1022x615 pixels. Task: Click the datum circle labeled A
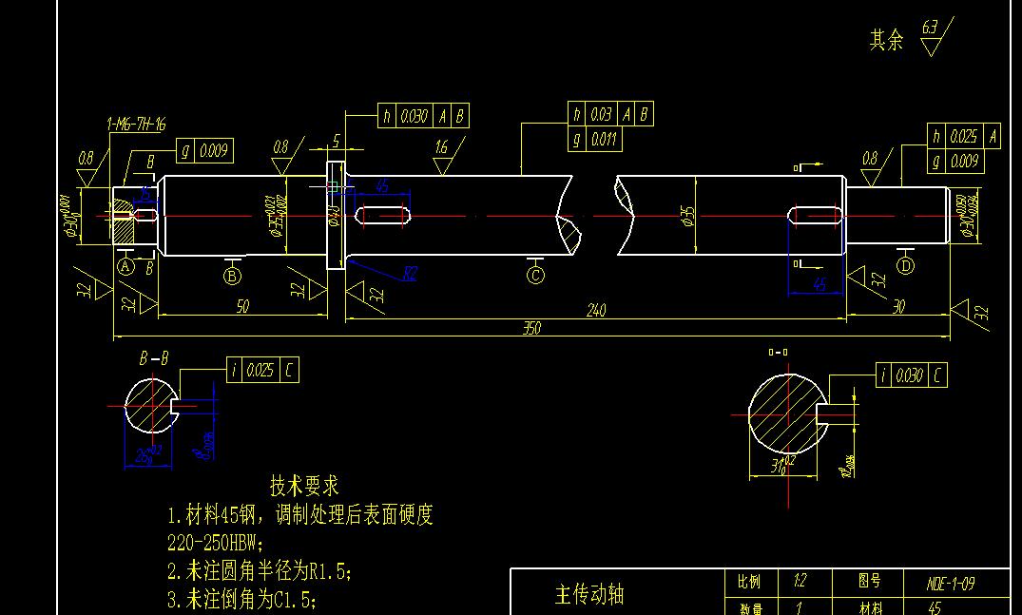(125, 267)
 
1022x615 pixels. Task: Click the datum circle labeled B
(232, 277)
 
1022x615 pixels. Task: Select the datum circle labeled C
(536, 276)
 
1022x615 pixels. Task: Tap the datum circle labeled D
(905, 266)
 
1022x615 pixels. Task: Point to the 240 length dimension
(596, 311)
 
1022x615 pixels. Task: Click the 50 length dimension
(242, 306)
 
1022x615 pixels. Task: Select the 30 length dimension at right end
(898, 306)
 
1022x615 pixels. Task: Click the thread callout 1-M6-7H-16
(136, 124)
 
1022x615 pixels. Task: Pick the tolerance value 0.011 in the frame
(603, 140)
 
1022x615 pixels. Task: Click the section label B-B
(154, 359)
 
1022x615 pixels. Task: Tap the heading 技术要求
(304, 487)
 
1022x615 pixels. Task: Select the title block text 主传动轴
(589, 595)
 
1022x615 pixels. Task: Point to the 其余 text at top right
(886, 40)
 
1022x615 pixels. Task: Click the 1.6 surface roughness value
(441, 148)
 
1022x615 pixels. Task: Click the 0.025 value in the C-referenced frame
(260, 371)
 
